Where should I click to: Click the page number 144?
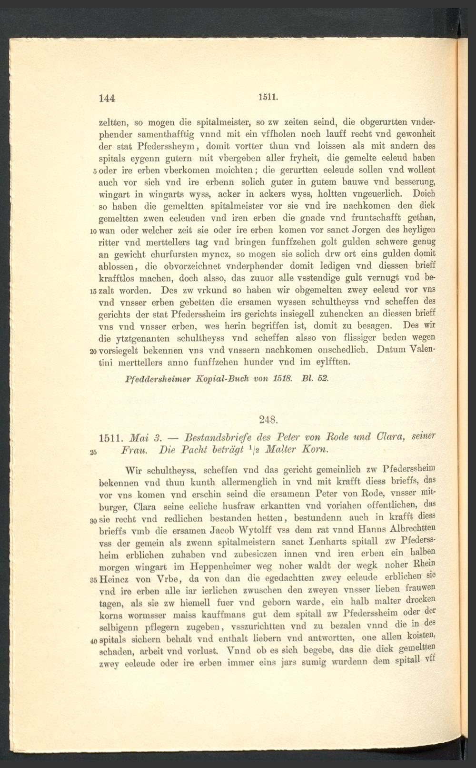107,98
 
